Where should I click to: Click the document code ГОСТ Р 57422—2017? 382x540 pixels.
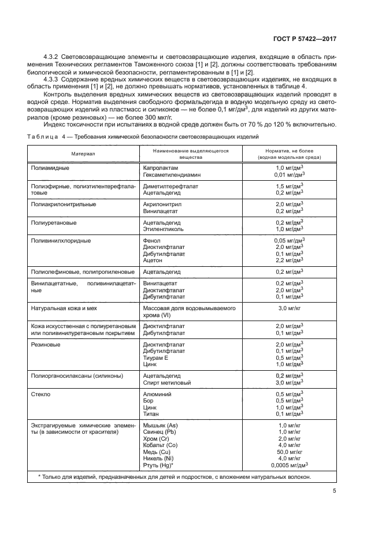[x=304, y=39]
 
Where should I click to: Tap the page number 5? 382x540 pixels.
[x=335, y=491]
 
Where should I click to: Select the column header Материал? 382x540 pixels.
[x=83, y=154]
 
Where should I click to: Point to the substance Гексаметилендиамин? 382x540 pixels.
[x=171, y=173]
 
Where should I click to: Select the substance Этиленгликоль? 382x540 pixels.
[x=162, y=229]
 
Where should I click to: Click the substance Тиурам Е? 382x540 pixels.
[x=155, y=358]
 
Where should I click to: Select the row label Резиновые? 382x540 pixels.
[x=46, y=345]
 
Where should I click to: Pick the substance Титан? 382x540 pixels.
[x=151, y=414]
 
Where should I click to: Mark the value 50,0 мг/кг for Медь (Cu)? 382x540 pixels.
[x=290, y=452]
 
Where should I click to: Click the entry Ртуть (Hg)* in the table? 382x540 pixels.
[x=158, y=464]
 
